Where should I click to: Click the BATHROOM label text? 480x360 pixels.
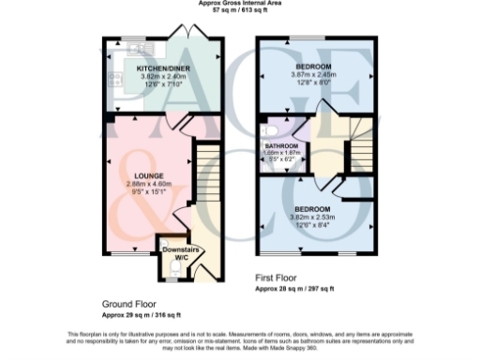tap(281, 147)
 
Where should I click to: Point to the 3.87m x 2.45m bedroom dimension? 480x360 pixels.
tap(313, 75)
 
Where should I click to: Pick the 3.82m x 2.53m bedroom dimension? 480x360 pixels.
tap(313, 217)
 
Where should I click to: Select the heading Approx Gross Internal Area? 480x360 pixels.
tap(239, 3)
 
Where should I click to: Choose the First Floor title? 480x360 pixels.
tap(278, 278)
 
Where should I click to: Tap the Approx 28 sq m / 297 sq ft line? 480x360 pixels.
tap(299, 288)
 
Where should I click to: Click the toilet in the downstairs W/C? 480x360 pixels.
tap(173, 269)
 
